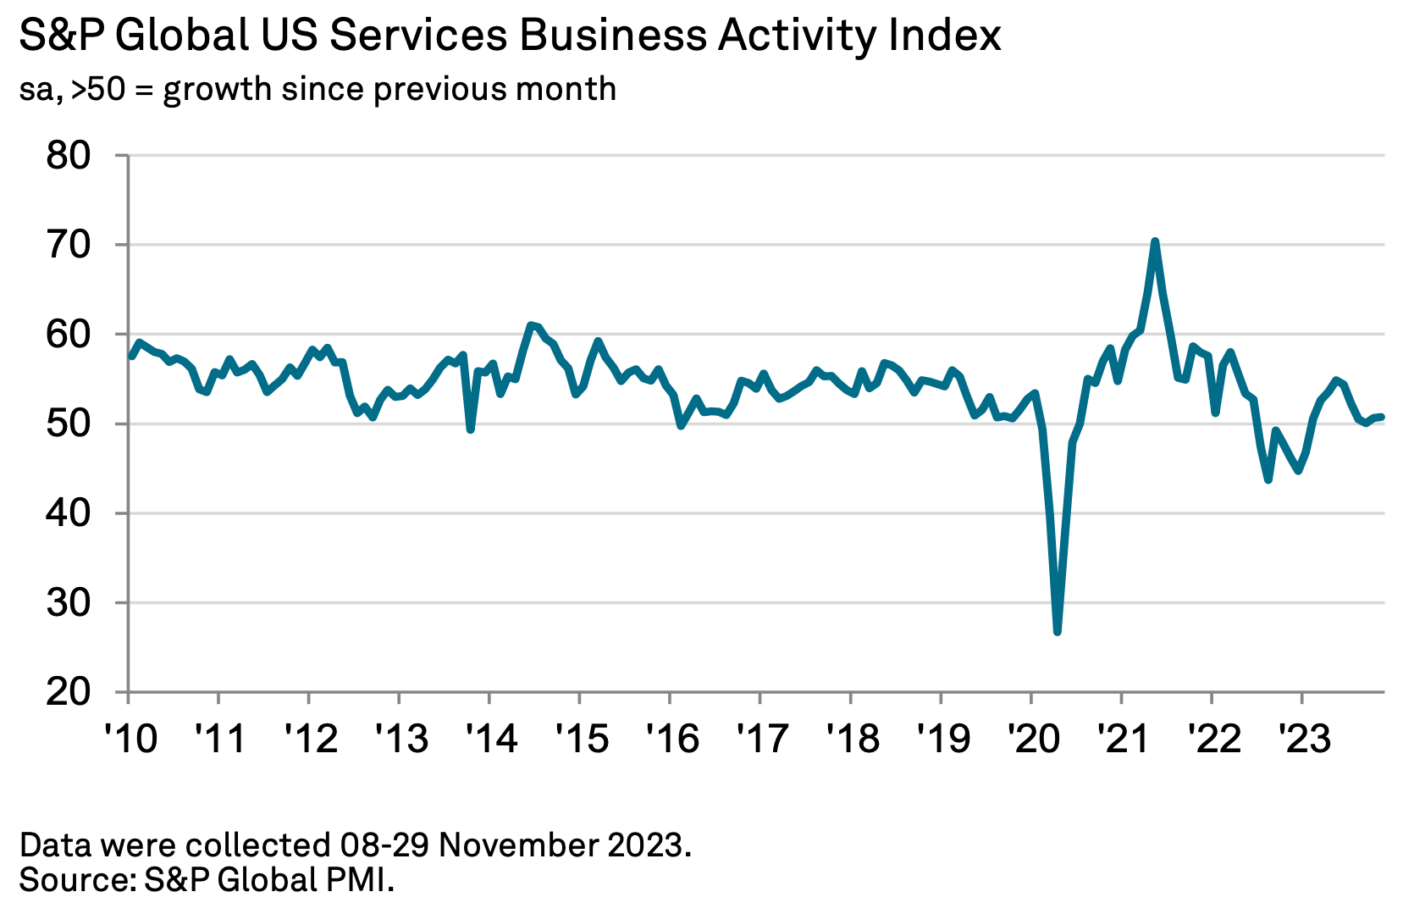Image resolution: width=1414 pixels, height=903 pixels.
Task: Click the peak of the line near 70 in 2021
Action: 1155,241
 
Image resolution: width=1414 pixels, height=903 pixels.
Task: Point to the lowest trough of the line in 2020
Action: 1058,631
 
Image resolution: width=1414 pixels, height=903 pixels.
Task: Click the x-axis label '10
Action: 130,739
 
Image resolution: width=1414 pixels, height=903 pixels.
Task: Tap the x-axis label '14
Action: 490,739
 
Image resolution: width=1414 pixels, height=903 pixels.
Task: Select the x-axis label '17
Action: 761,739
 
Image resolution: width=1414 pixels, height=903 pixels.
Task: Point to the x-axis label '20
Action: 1032,739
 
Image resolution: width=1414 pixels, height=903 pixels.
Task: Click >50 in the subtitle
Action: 98,89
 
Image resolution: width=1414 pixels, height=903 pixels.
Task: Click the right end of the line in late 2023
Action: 1382,417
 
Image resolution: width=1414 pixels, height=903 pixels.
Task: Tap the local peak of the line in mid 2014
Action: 530,325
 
